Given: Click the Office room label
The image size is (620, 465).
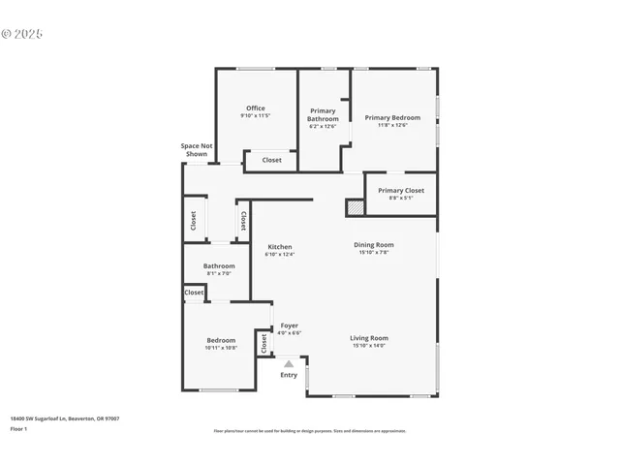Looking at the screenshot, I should click(255, 108).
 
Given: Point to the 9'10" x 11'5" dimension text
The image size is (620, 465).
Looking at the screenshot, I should click(255, 116).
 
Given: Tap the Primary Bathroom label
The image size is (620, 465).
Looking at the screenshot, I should click(323, 114).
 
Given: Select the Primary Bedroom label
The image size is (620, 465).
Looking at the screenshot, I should click(392, 117).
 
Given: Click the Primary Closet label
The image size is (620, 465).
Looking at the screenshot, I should click(401, 191).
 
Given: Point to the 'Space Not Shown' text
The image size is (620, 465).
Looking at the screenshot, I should click(196, 149).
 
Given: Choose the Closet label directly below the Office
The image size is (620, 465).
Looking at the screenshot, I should click(271, 160).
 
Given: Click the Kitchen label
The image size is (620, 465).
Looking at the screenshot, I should click(280, 247).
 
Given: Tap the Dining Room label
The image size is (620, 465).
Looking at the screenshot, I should click(373, 245).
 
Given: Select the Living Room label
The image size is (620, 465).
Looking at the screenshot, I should click(369, 338).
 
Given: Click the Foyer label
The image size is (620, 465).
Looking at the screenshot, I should click(289, 325).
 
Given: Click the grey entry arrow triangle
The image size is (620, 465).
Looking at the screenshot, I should click(289, 363).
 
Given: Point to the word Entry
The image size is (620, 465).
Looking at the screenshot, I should click(289, 375).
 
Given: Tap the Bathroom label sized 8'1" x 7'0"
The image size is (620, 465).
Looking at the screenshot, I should click(219, 266).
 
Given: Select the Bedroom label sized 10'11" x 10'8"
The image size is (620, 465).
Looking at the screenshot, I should click(220, 340).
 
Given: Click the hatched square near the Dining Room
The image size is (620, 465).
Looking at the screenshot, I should click(356, 207).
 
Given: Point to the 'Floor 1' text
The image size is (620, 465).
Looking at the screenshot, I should click(18, 428).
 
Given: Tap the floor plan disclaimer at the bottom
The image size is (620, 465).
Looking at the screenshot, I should click(309, 431).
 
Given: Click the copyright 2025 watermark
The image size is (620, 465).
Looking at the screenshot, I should click(22, 34).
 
